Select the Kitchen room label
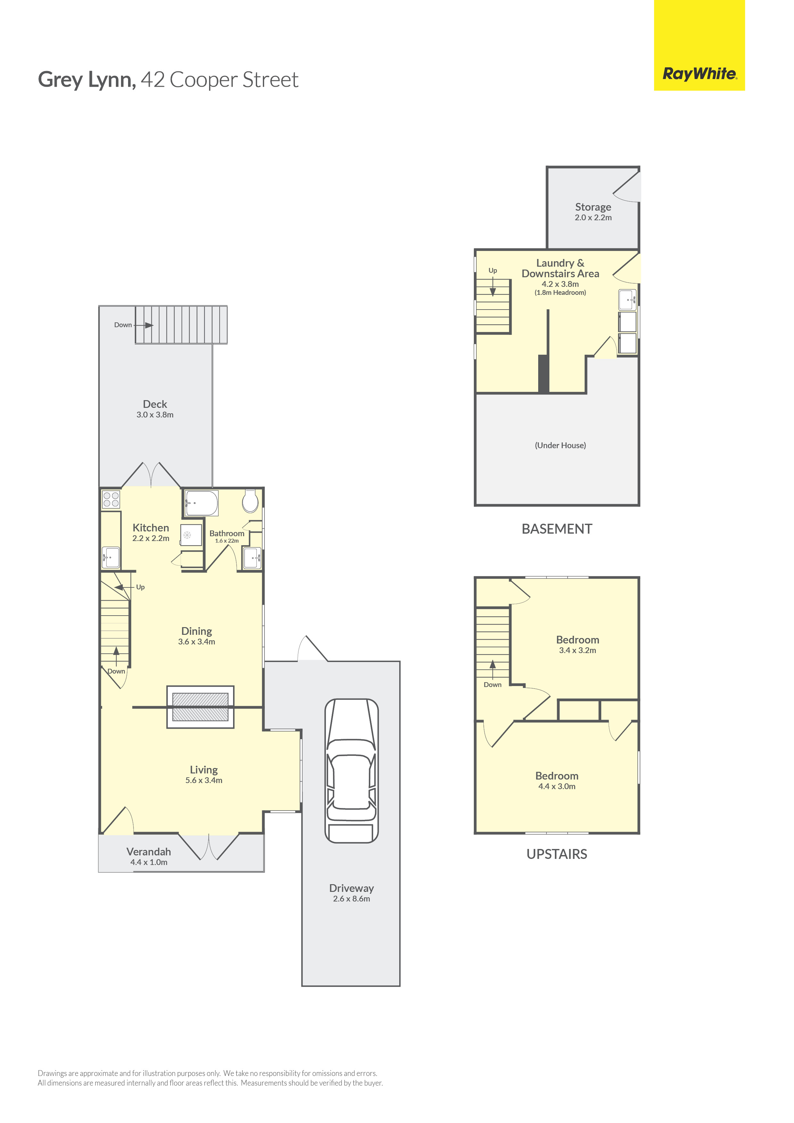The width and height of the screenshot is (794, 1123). pos(151,528)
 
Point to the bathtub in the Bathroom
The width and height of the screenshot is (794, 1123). pos(201,503)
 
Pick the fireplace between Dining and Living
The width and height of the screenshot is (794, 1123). pos(200,707)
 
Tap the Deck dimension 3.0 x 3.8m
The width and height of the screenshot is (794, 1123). pos(155,415)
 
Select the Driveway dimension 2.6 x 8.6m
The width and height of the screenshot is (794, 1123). pos(352,899)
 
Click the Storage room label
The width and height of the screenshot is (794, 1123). pos(593,207)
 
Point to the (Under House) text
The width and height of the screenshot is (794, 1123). pos(560,446)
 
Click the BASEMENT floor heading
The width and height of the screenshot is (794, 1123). pos(557,529)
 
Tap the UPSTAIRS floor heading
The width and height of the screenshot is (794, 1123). pos(557,854)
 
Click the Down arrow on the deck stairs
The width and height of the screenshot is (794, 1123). pos(143,325)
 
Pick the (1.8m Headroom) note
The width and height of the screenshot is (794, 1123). pos(560,293)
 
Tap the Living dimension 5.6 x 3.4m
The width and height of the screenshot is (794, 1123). pos(204,780)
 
